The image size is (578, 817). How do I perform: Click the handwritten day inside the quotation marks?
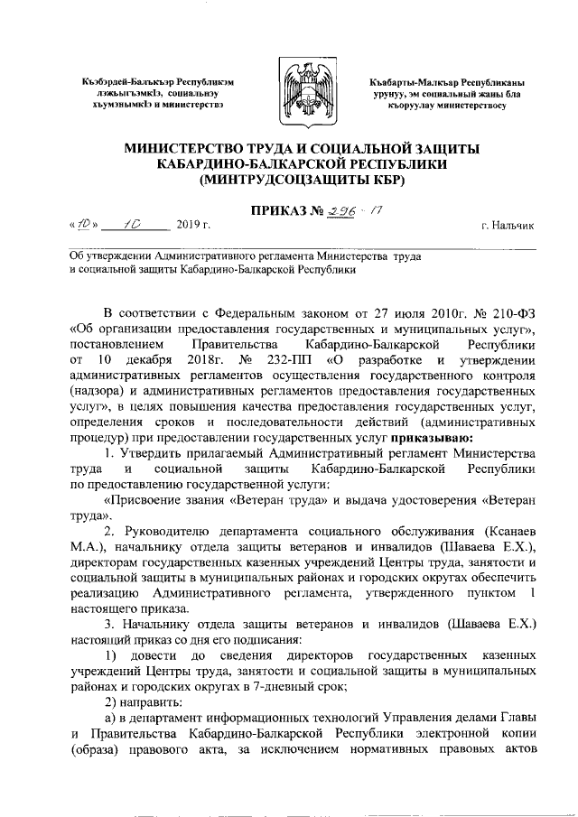(82, 224)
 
